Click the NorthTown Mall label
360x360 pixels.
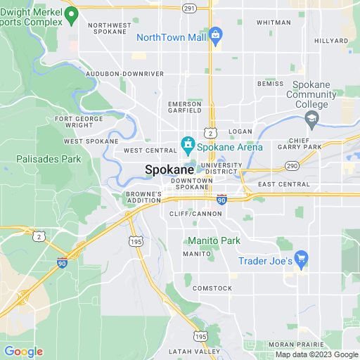point(172,37)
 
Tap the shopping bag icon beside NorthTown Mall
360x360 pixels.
point(216,34)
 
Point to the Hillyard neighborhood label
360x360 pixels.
point(330,41)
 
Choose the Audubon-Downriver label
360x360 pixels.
point(124,73)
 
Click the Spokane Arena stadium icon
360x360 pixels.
point(188,146)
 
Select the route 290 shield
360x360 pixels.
point(291,165)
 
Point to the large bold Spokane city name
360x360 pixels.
point(168,169)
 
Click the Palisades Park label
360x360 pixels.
point(49,159)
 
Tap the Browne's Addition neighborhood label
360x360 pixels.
point(143,197)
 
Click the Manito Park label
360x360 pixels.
point(214,240)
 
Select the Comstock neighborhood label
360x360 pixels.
point(212,288)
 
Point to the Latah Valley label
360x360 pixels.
point(194,351)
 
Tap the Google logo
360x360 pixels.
point(22,352)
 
